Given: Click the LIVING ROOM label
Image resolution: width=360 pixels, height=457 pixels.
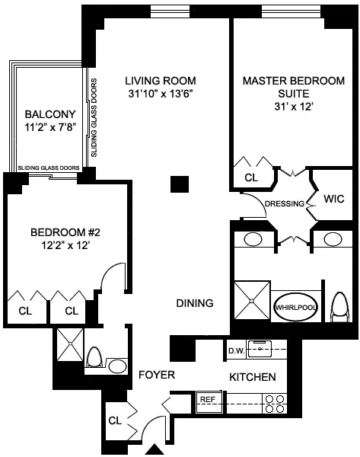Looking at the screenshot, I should pyautogui.click(x=161, y=80).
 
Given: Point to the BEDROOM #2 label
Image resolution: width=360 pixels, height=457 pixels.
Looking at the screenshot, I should pyautogui.click(x=50, y=232).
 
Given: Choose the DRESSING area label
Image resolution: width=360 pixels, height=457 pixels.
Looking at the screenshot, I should pyautogui.click(x=285, y=203).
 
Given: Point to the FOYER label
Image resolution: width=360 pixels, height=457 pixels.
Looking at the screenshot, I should pyautogui.click(x=157, y=375).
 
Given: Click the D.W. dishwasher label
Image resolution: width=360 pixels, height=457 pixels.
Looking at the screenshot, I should pyautogui.click(x=236, y=350).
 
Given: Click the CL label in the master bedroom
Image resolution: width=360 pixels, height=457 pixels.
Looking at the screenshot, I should pyautogui.click(x=250, y=177).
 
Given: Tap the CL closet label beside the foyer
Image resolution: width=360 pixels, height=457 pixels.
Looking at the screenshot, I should pyautogui.click(x=116, y=419).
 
